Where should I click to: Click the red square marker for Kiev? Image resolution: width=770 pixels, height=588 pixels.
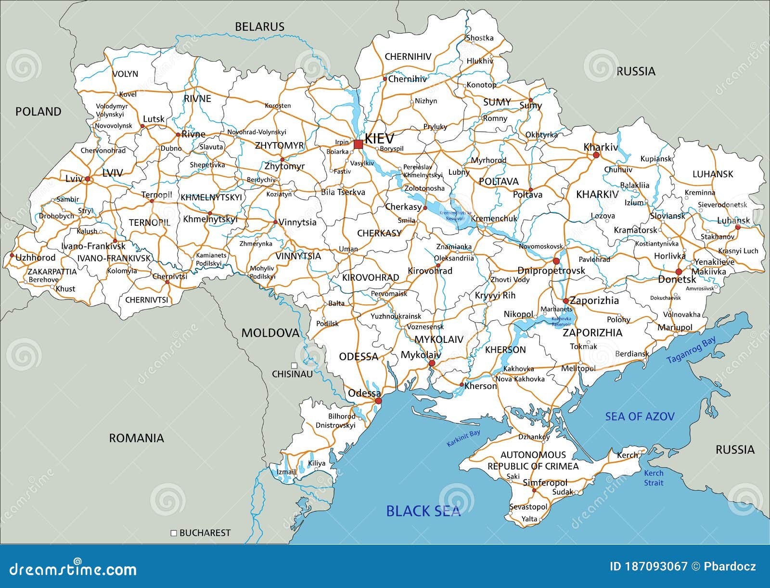pos(358,144)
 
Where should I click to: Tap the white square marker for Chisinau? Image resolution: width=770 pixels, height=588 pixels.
pos(294,366)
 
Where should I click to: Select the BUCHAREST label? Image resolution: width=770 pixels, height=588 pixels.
pos(205,533)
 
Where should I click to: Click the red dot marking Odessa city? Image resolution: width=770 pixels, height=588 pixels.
pos(378,401)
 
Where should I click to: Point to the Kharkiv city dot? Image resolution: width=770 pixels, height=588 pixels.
pos(596,156)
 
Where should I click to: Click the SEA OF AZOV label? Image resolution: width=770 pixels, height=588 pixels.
pos(640,417)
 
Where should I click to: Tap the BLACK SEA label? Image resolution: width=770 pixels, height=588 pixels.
pos(423,511)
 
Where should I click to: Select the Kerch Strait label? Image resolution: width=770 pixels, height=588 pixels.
pos(654,478)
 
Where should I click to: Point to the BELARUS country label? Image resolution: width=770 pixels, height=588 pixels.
pos(259,27)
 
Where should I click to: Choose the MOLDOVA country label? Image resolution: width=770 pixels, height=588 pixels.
pos(270,333)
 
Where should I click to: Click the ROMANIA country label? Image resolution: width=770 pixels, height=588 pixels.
pos(136,438)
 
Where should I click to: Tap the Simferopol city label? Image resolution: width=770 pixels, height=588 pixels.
pos(545,483)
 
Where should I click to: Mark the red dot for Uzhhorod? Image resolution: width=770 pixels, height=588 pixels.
pos(12,255)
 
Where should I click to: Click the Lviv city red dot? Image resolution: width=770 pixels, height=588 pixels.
pos(88,179)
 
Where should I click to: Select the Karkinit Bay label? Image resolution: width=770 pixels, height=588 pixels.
pos(463,439)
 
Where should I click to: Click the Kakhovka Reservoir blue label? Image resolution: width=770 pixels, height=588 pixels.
pos(561,322)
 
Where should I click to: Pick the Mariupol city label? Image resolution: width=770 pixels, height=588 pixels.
pos(675,327)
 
